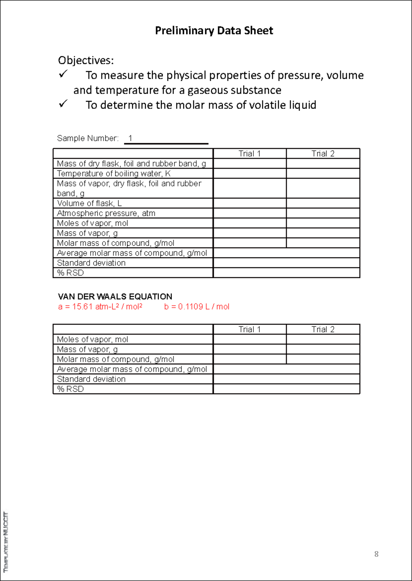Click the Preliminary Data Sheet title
[x=214, y=31]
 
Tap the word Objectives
[x=85, y=60]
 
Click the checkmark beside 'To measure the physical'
[x=63, y=74]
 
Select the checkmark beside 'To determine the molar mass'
[x=63, y=104]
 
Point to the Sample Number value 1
[x=130, y=138]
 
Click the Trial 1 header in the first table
[x=250, y=153]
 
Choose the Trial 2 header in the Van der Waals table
[x=323, y=329]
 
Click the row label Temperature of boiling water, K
[x=114, y=173]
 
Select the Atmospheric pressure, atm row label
[x=106, y=213]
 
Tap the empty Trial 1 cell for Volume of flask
[x=250, y=203]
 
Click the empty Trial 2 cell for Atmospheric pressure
[x=323, y=213]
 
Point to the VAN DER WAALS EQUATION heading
[x=115, y=296]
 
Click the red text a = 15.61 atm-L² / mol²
[x=100, y=307]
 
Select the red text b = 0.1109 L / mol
[x=196, y=307]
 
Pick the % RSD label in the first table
[x=70, y=273]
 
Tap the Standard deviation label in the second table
[x=91, y=379]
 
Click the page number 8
[x=376, y=554]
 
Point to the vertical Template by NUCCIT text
[x=6, y=542]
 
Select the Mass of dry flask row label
[x=131, y=163]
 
